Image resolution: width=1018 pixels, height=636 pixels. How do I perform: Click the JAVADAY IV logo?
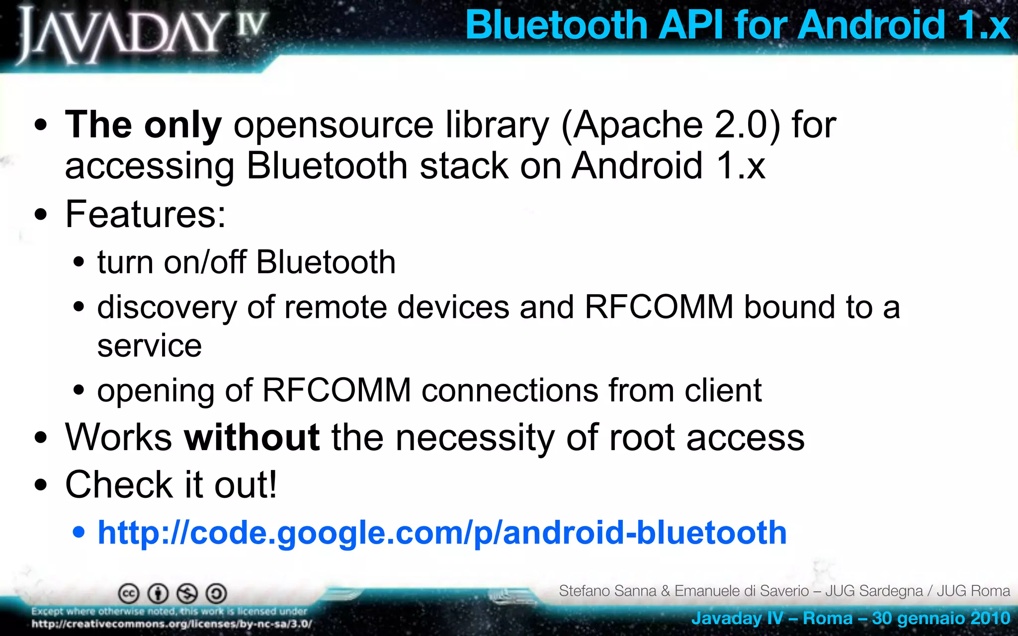[x=142, y=35]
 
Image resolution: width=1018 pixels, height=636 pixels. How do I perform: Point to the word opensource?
[x=334, y=125]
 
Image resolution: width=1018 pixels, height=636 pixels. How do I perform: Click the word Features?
[x=146, y=214]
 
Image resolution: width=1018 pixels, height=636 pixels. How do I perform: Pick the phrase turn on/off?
[x=171, y=262]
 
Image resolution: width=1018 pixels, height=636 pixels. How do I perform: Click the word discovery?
[x=167, y=308]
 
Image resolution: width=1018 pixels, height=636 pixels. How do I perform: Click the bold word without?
[x=252, y=437]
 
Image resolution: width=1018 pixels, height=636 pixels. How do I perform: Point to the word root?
[x=641, y=438]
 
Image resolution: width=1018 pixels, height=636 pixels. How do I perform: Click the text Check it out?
[x=171, y=484]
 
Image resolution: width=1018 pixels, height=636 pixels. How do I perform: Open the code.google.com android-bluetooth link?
[x=442, y=533]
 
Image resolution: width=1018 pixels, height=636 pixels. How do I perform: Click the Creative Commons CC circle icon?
[x=128, y=593]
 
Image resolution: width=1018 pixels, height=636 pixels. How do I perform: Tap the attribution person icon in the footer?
[x=158, y=593]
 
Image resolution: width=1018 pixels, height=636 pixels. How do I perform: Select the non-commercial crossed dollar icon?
[x=187, y=593]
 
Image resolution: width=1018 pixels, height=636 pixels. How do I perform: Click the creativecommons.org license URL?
[x=171, y=624]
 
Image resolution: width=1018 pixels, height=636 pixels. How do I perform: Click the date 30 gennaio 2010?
[x=940, y=618]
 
